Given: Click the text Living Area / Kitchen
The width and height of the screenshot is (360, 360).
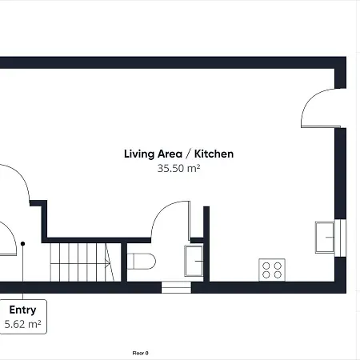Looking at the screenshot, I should tap(178, 154).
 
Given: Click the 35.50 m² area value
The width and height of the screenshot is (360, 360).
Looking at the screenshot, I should tap(178, 169).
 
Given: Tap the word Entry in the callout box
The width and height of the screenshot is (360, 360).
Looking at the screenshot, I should tap(22, 310).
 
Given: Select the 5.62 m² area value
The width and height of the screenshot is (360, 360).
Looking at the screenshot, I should tap(22, 324).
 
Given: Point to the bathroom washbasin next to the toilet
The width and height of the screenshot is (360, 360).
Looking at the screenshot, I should tap(194, 261).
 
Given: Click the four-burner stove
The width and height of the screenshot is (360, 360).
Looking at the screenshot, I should tap(271, 270).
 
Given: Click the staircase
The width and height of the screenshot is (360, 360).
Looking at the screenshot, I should tap(80, 262).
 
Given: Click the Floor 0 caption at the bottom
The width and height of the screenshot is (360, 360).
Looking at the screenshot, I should tap(141, 352).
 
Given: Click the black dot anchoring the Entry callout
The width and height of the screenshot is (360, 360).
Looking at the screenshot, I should tap(23, 243).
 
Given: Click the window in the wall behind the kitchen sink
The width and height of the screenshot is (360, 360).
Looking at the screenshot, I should tap(342, 237).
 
